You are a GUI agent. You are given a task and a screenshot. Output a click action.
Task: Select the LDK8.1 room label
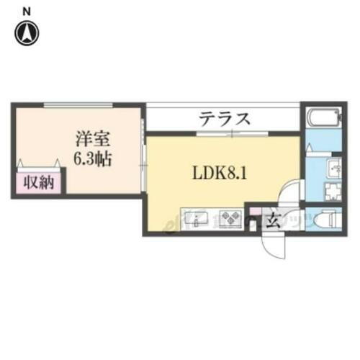click(217, 173)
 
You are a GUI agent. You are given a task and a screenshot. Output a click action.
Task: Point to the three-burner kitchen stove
click(230, 217)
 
